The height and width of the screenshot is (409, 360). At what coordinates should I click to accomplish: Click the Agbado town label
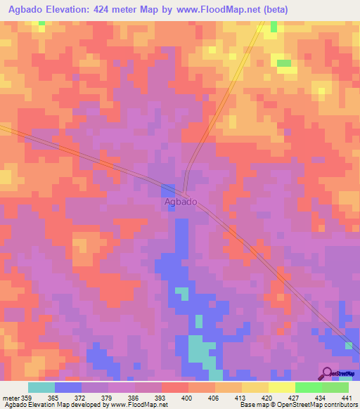[x=181, y=202]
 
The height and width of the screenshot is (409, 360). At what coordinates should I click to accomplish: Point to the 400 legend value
[x=188, y=398]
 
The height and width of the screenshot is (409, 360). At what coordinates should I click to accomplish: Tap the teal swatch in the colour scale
[x=41, y=387]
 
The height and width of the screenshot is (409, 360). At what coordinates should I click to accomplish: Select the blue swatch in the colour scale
[x=68, y=387]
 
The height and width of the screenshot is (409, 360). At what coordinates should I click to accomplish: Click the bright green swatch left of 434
[x=308, y=387]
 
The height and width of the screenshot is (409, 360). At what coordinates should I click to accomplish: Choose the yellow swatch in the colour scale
[x=281, y=387]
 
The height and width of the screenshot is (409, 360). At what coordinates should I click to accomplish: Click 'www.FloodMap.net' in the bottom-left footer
[x=139, y=405]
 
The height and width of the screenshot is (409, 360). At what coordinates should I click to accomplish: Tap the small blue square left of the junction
[x=168, y=190]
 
